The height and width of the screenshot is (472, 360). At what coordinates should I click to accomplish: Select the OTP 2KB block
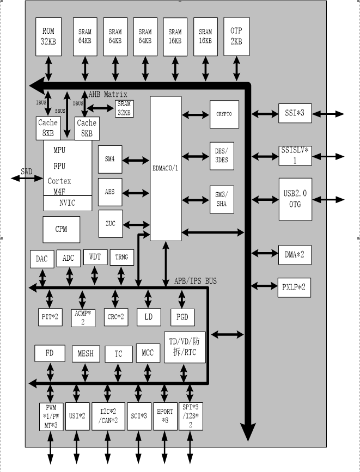click(x=236, y=36)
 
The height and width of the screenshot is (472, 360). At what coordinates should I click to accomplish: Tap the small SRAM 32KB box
click(x=124, y=109)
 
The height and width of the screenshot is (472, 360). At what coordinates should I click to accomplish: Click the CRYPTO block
click(x=224, y=114)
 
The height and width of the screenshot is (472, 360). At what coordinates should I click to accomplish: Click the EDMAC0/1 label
click(x=166, y=168)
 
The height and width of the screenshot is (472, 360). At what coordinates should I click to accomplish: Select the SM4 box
click(x=110, y=160)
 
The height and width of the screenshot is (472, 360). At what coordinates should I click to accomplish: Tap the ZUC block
click(x=110, y=223)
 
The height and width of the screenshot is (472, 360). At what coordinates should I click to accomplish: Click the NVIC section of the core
click(x=68, y=203)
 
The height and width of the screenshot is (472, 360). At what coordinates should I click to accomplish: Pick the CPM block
click(x=61, y=229)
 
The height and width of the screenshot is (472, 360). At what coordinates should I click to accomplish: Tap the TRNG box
click(x=121, y=257)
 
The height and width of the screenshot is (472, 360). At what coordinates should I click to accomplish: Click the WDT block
click(x=95, y=256)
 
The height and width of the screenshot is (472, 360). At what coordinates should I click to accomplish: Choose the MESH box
click(x=86, y=354)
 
